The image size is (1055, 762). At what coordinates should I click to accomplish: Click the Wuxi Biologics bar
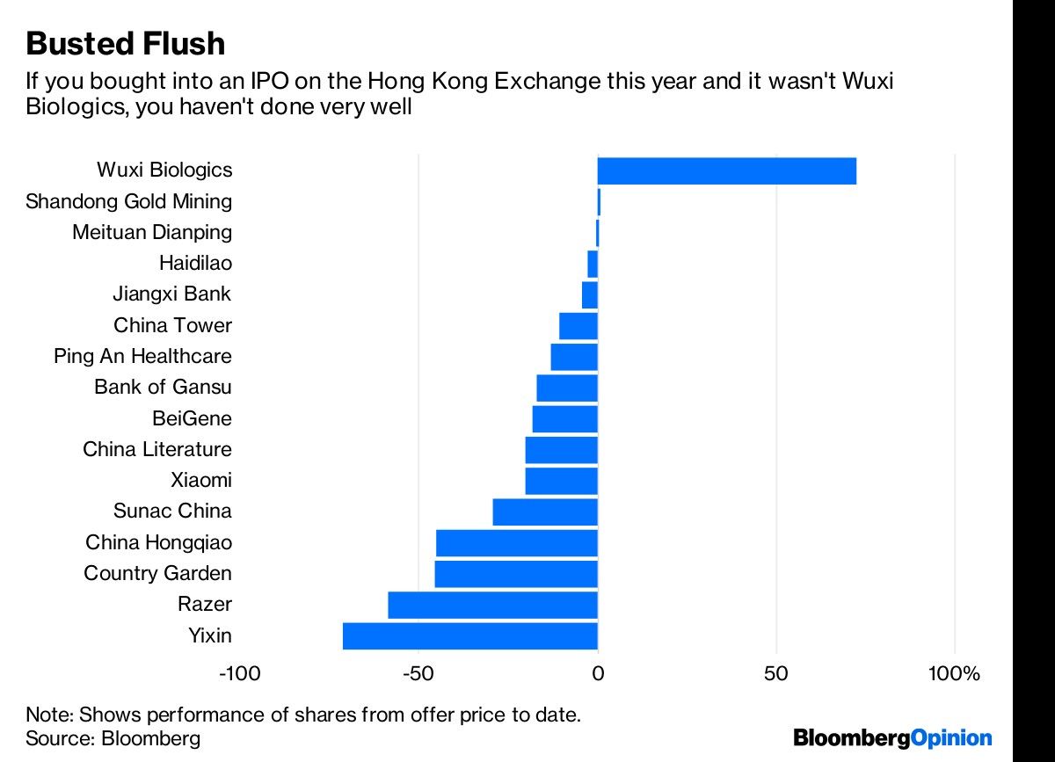[x=726, y=171]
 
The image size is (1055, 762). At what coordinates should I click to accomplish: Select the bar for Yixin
[x=470, y=635]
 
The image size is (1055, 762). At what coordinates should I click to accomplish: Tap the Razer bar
[x=492, y=605]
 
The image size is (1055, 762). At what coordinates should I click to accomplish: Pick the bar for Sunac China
[x=545, y=512]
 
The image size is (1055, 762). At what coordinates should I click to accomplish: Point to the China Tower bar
[x=578, y=326]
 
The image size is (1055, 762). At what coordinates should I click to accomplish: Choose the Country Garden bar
[x=516, y=574]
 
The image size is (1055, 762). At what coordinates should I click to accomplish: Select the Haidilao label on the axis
[x=195, y=263]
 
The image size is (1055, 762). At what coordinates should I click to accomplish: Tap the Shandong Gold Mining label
[x=129, y=201]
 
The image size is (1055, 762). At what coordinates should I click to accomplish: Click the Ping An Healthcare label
[x=142, y=357]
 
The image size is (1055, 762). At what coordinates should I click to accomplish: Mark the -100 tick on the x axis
[x=239, y=675]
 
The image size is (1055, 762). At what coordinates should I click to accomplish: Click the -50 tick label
[x=418, y=675]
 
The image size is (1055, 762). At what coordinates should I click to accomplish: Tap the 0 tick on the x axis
[x=598, y=675]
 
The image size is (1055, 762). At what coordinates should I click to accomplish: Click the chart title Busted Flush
[x=126, y=43]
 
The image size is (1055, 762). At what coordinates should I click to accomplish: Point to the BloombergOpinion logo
[x=892, y=737]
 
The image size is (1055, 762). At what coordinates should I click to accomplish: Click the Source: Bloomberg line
[x=113, y=738]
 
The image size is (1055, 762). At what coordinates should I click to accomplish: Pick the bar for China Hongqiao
[x=517, y=543]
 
